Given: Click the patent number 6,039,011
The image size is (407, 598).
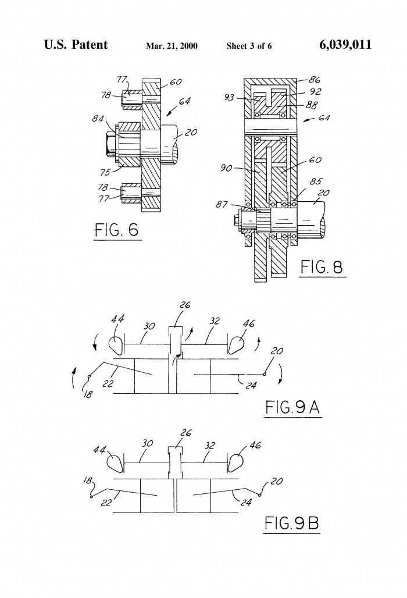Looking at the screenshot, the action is [x=345, y=45].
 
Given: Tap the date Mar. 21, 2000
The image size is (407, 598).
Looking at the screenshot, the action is [x=172, y=46].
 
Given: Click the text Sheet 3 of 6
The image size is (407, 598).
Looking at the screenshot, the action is [x=249, y=46].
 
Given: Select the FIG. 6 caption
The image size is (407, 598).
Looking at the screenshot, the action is [x=117, y=230].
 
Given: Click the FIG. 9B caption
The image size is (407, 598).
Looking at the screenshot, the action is [x=292, y=523].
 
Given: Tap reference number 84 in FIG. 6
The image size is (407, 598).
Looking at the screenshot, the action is [x=98, y=119].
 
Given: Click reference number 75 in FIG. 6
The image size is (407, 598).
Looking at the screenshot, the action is [x=106, y=172].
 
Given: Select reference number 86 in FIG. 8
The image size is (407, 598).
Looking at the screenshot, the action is [x=315, y=80].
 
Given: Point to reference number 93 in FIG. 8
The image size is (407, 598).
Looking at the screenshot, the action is [x=229, y=98].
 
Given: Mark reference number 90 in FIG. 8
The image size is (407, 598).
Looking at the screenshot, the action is [x=226, y=168].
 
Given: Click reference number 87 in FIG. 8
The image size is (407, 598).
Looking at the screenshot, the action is [x=222, y=204].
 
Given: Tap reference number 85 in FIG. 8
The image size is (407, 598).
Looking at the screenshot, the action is [x=316, y=181].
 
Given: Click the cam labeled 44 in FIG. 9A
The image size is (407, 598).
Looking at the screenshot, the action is [x=116, y=344].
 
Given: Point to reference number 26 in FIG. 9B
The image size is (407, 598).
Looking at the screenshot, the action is [x=187, y=433].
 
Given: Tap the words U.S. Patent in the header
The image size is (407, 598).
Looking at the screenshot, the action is [x=76, y=45].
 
